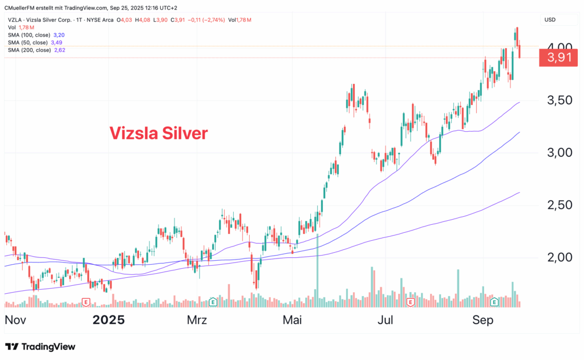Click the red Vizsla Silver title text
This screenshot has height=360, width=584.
point(159,133)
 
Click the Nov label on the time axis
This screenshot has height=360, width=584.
point(16,320)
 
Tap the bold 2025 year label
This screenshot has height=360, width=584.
point(108,320)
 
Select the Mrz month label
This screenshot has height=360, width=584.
point(197,320)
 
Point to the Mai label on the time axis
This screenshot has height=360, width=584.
point(294,320)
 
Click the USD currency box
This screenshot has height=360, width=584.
point(550,20)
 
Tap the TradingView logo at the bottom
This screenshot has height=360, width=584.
point(40,347)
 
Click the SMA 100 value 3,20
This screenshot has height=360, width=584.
point(59,35)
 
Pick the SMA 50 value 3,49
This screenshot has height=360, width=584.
point(56,43)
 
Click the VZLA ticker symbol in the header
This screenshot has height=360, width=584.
point(15,20)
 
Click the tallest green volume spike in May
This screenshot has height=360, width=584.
point(317,268)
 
